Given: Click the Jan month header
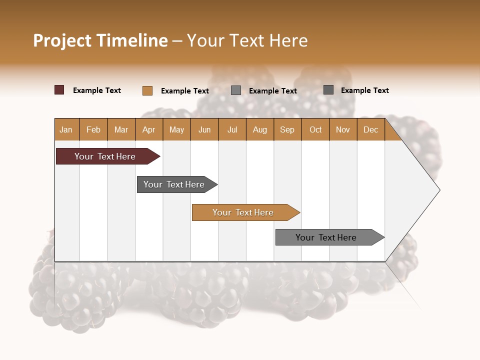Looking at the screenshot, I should click(x=66, y=129).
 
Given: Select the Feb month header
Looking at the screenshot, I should click(x=93, y=129).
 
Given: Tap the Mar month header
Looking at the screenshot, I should click(x=121, y=129).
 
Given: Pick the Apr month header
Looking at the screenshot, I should click(x=149, y=129).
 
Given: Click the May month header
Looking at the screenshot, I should click(x=176, y=129).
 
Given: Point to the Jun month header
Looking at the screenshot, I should click(x=204, y=129).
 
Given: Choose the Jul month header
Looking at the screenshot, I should click(x=232, y=129).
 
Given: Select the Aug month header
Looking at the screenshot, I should click(x=260, y=129).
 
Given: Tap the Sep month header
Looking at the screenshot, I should click(x=287, y=129).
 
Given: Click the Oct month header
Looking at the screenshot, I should click(x=315, y=129).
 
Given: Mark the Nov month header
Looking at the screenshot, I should click(x=343, y=129).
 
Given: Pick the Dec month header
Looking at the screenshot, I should click(x=371, y=129).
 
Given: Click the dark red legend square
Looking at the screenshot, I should click(x=59, y=90).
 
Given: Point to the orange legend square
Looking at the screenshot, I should click(x=147, y=90).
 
